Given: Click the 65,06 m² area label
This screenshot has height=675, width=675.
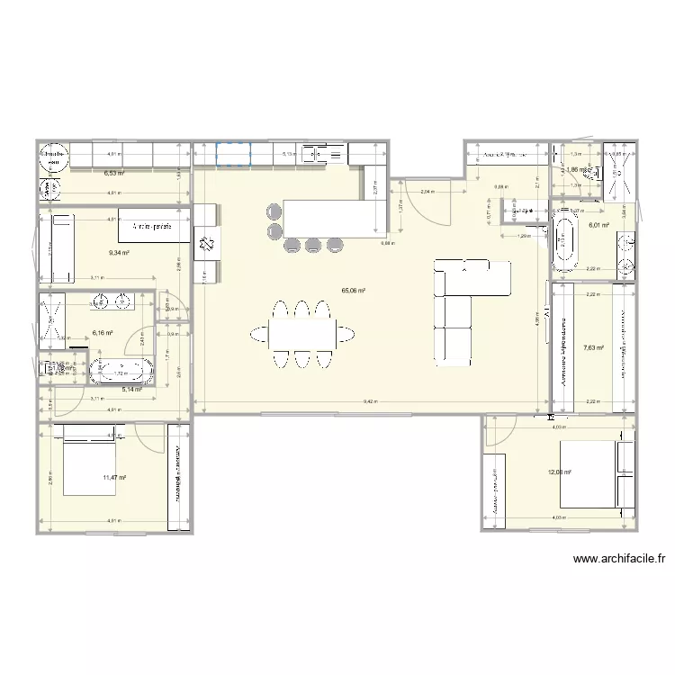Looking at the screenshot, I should tap(352, 291).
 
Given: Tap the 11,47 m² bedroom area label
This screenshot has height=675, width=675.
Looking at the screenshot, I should tap(114, 478).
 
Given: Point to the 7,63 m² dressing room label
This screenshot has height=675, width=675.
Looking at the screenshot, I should tap(593, 347).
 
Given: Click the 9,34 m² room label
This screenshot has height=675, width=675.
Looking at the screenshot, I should tap(119, 253).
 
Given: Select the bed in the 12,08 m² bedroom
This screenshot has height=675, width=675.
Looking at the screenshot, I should tap(592, 474).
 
